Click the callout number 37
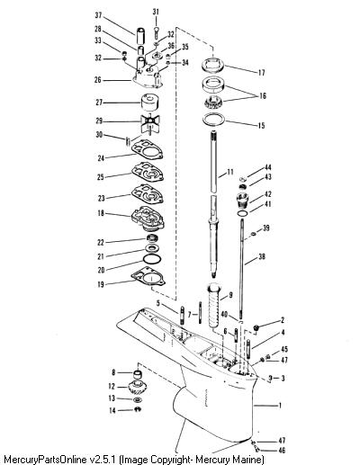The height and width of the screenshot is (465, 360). pyautogui.click(x=98, y=15)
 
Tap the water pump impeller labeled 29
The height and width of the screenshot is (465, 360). pyautogui.click(x=150, y=123)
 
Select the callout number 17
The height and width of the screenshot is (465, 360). pyautogui.click(x=261, y=73)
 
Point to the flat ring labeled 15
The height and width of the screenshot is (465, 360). pyautogui.click(x=213, y=119)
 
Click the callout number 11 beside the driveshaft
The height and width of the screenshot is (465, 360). pyautogui.click(x=229, y=172)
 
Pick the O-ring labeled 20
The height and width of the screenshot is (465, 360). pyautogui.click(x=152, y=259)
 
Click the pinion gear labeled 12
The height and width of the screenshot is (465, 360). pyautogui.click(x=137, y=388)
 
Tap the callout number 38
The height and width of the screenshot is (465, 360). pyautogui.click(x=262, y=256)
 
